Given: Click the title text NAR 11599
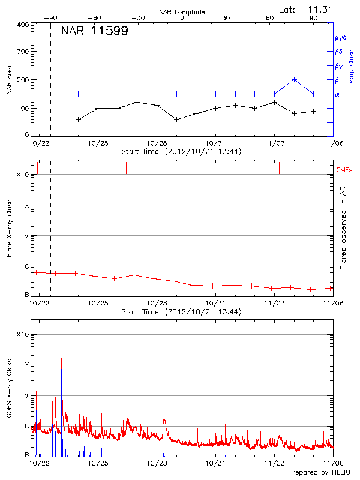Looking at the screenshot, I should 94,31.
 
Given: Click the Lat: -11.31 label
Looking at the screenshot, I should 305,8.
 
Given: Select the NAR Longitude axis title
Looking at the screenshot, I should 182,12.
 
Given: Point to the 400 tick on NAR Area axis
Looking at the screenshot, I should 23,25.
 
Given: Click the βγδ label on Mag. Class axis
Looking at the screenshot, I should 341,37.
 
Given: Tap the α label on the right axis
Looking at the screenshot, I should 337,94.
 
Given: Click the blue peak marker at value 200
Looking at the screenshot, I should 294,79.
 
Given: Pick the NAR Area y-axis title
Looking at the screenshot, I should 10,80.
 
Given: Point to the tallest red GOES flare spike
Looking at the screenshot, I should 61,358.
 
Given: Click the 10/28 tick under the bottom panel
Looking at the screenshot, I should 157,463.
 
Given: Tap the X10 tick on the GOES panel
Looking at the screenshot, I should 22,334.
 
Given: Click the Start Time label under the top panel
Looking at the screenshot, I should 182,152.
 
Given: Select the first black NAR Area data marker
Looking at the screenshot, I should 79,119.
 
